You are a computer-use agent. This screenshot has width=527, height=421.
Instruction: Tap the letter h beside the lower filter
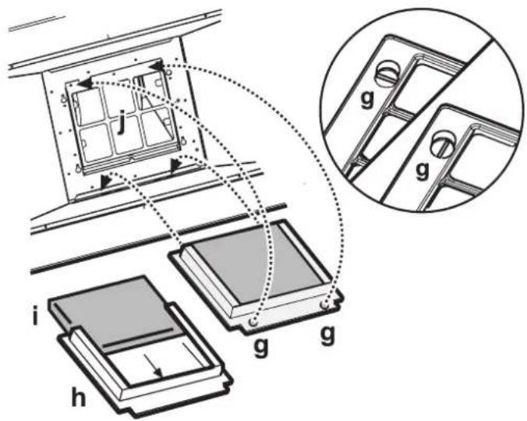click(78, 397)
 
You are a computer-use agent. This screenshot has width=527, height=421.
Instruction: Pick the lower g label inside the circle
click(422, 171)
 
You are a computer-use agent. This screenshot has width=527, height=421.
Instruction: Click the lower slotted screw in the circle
click(442, 143)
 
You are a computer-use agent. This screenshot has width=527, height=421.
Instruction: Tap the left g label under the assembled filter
click(260, 348)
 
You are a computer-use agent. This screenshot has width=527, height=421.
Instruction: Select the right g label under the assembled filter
click(327, 335)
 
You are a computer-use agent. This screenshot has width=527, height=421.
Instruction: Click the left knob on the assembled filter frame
click(253, 322)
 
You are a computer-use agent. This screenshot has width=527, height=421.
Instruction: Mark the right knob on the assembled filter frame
click(324, 305)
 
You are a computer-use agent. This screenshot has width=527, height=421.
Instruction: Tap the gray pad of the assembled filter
click(257, 262)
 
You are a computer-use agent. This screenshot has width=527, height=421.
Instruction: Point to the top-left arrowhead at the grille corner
click(85, 83)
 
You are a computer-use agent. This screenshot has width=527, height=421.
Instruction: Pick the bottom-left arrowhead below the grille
click(106, 182)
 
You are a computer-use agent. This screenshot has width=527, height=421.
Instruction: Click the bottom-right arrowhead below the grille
click(175, 166)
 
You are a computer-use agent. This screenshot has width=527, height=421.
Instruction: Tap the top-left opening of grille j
click(88, 106)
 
